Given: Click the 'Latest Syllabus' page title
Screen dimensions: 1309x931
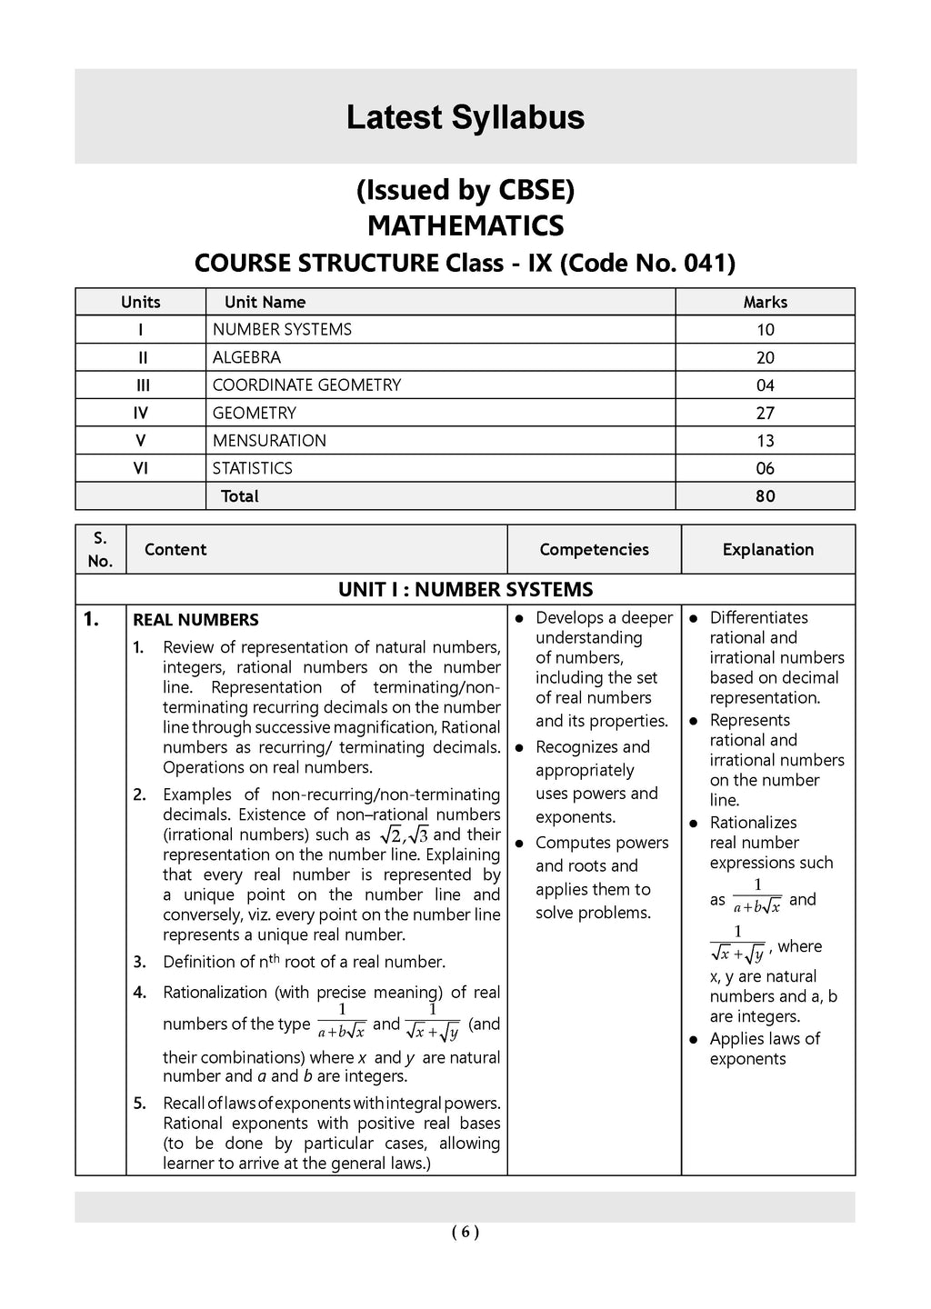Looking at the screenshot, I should [465, 118].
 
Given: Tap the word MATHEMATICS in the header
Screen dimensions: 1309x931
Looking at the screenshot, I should [465, 225].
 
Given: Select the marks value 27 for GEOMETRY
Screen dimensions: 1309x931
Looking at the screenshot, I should [765, 413].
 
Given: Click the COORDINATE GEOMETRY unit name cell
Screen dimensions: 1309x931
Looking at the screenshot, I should [306, 385].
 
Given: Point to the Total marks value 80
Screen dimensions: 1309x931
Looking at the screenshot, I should [765, 496].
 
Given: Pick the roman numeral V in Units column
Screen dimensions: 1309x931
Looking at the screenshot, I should [140, 441].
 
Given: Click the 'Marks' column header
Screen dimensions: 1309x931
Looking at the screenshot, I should [765, 302].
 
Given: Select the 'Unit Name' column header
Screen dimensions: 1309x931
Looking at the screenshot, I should [265, 302].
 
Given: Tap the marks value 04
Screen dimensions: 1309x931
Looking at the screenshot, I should [765, 385].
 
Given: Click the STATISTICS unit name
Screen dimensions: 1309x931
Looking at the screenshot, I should [253, 468].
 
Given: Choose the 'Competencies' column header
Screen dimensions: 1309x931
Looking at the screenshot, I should [594, 549].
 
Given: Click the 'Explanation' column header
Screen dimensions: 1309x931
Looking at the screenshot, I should [767, 549].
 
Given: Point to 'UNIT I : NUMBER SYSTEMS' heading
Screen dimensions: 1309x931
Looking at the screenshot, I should [465, 589].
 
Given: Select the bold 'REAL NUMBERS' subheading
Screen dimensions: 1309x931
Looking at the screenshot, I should [195, 620].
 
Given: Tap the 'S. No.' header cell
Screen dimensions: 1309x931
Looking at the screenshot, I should [100, 549].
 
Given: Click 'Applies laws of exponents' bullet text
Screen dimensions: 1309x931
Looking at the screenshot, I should [764, 1048].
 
